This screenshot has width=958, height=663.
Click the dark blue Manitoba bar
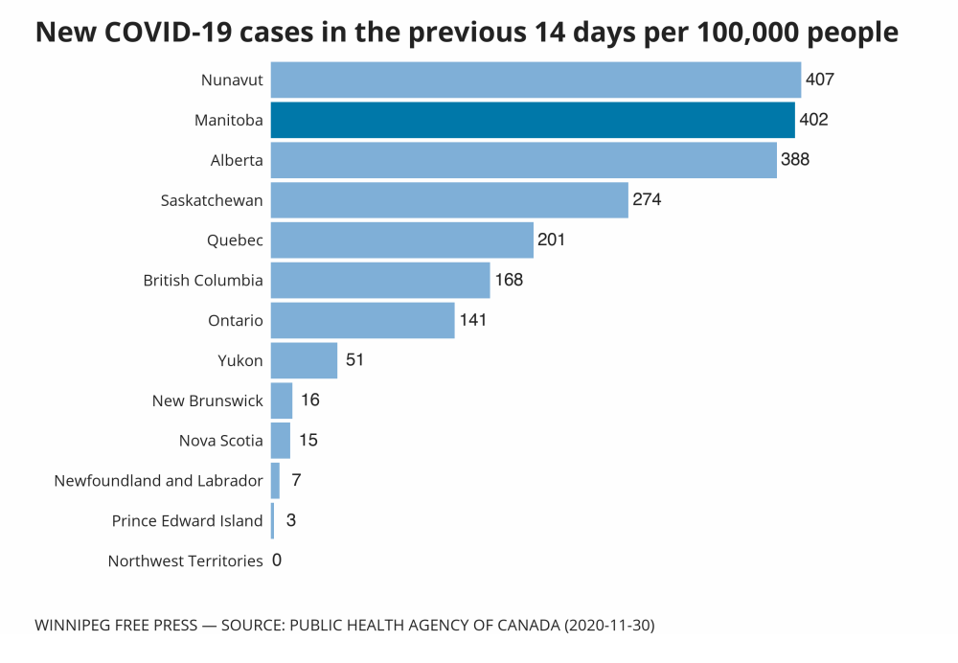[x=533, y=121]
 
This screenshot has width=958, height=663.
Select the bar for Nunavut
[x=536, y=80]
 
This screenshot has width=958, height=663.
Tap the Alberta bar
[x=523, y=160]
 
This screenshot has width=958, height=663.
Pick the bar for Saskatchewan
[x=449, y=200]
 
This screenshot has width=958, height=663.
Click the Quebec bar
[x=401, y=240]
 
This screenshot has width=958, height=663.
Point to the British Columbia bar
[x=380, y=281]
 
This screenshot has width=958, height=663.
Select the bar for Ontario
[x=362, y=320]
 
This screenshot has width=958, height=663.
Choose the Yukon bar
[x=304, y=360]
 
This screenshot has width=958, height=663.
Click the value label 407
[x=820, y=80]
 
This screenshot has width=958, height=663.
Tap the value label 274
[x=647, y=200]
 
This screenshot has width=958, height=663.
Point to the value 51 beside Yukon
[x=355, y=360]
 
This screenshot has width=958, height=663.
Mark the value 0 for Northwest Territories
[x=277, y=560]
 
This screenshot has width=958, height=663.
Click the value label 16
[x=309, y=400]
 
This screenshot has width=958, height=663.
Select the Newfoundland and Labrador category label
[x=158, y=481]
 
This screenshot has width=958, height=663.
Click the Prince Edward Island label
[x=187, y=521]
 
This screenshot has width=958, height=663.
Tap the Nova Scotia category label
[x=220, y=441]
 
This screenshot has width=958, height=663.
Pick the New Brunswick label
[x=207, y=400]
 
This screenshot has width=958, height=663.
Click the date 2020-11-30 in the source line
[x=609, y=626]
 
